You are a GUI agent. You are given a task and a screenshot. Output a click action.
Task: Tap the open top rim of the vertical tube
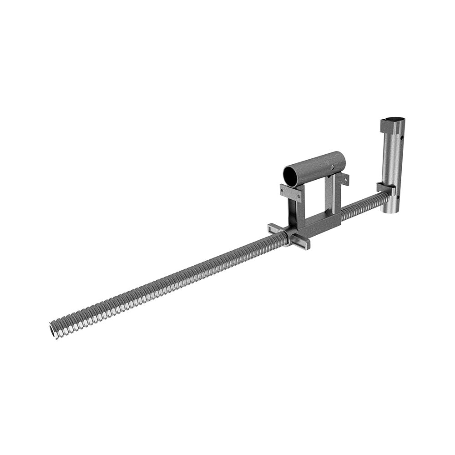point(393,120)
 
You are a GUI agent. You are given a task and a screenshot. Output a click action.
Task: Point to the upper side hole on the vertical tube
point(402,137)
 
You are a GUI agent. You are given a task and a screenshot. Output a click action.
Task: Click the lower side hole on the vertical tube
point(397,198)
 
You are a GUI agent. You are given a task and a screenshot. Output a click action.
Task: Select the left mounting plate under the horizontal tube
point(291,193)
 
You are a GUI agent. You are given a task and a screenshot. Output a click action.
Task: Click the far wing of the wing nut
point(275,228)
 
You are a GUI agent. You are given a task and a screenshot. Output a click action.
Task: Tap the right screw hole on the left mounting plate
point(298,196)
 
